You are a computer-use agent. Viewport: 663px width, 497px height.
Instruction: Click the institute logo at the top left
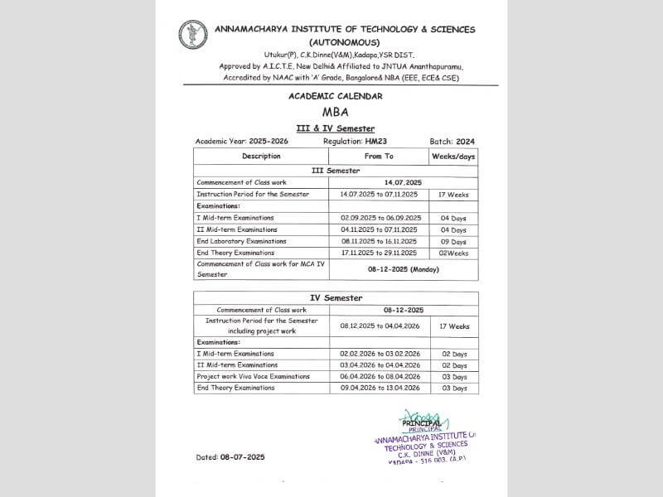pos(193,35)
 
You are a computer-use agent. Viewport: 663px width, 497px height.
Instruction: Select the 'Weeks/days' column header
pos(453,156)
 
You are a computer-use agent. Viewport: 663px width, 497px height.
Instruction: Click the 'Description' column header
pos(261,156)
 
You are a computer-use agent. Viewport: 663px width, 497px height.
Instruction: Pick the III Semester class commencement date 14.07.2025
pos(403,182)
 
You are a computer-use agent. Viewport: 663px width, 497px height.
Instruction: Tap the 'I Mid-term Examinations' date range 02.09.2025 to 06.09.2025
pos(379,218)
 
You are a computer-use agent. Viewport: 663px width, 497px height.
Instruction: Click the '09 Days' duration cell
pos(453,241)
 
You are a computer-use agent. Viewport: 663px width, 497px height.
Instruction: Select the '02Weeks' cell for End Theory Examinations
pos(453,253)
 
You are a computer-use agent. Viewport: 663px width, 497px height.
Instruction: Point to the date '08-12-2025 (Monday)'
pos(403,269)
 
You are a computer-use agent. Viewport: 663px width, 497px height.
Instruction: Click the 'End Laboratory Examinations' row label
pos(235,241)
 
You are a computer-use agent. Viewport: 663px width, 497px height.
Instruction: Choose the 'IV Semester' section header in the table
pos(336,297)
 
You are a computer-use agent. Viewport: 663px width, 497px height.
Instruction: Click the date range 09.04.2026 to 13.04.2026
pos(379,388)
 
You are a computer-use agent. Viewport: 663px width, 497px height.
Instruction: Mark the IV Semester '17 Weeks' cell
pos(453,326)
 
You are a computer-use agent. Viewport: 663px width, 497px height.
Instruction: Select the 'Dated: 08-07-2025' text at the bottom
pos(230,456)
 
